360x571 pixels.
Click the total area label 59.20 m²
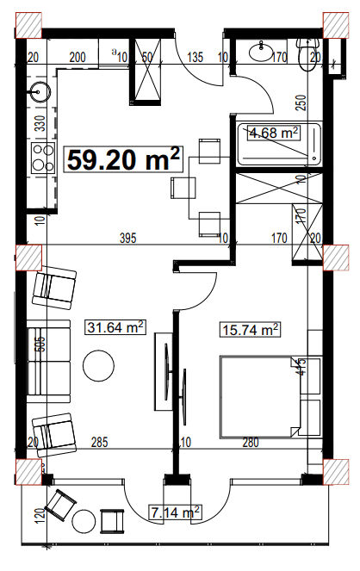(124, 159)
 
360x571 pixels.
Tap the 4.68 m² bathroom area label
(273, 133)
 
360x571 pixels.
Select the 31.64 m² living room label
(115, 326)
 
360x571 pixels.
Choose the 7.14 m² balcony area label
(175, 512)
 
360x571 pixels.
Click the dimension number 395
(128, 238)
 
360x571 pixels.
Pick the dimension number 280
(251, 444)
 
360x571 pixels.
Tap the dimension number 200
(77, 58)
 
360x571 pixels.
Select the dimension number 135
(194, 58)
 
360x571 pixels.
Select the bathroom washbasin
(259, 53)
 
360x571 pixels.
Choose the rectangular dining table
(184, 187)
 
